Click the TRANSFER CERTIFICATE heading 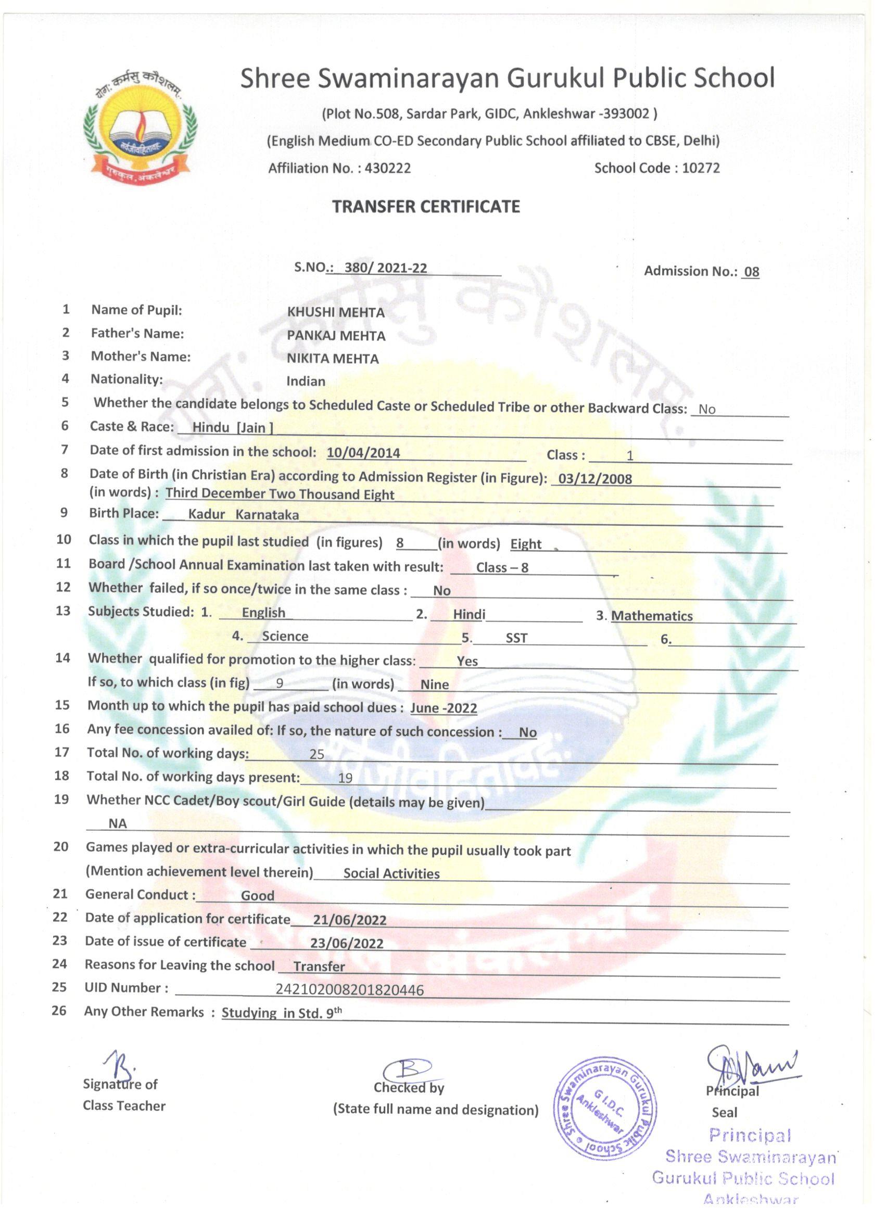click(x=426, y=207)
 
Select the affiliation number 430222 click(x=387, y=169)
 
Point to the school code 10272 click(x=700, y=168)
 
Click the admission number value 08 click(x=751, y=272)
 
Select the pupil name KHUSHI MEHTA click(x=335, y=312)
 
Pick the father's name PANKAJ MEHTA click(x=336, y=336)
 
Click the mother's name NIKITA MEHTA click(x=332, y=359)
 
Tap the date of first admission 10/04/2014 click(x=363, y=453)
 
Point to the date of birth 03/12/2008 click(x=595, y=479)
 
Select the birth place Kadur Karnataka click(x=243, y=515)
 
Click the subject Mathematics click(x=652, y=616)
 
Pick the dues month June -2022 click(x=444, y=708)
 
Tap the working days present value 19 click(x=345, y=778)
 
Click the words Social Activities click(x=391, y=873)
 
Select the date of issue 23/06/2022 click(x=347, y=944)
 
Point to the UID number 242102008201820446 click(x=349, y=990)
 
